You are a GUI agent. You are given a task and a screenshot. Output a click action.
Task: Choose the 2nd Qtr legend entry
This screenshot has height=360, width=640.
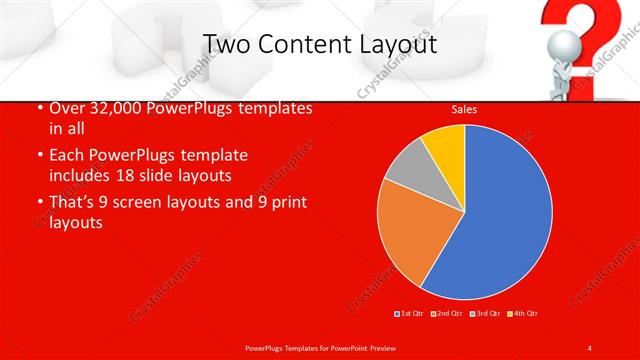[447, 314]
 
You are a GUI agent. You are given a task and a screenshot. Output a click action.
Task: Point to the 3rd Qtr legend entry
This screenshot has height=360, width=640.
[484, 314]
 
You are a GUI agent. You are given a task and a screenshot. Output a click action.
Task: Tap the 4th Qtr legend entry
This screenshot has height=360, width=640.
[521, 314]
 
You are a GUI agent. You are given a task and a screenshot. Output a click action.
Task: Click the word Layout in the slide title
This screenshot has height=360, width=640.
[396, 44]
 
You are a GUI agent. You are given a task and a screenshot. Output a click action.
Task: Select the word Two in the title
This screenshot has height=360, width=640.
[226, 44]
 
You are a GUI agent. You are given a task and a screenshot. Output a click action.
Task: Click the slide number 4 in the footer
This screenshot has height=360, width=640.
[589, 347]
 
